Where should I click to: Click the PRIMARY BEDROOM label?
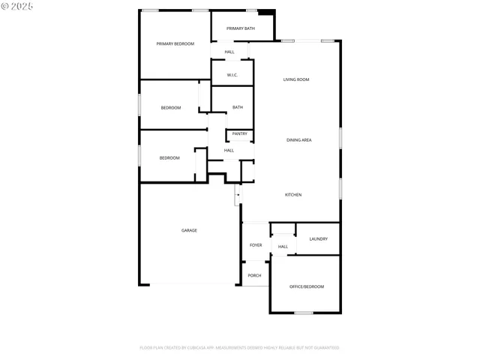pyautogui.click(x=175, y=44)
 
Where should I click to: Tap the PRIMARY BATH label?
pyautogui.click(x=241, y=28)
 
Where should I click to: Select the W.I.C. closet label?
pyautogui.click(x=232, y=75)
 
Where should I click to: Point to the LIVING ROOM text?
pyautogui.click(x=296, y=79)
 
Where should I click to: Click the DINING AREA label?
pyautogui.click(x=299, y=140)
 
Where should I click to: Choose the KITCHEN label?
pyautogui.click(x=293, y=195)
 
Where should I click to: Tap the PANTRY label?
pyautogui.click(x=239, y=134)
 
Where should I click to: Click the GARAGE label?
pyautogui.click(x=189, y=230)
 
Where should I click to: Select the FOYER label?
pyautogui.click(x=256, y=245)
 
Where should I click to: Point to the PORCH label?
pyautogui.click(x=255, y=275)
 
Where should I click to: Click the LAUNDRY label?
pyautogui.click(x=318, y=239)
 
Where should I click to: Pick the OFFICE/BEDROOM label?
pyautogui.click(x=307, y=287)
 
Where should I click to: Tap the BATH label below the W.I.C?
pyautogui.click(x=237, y=107)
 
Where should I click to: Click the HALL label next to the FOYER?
pyautogui.click(x=283, y=247)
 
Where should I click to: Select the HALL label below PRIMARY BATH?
pyautogui.click(x=229, y=52)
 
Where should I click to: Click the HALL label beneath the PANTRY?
pyautogui.click(x=229, y=150)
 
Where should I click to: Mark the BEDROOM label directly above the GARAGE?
pyautogui.click(x=169, y=158)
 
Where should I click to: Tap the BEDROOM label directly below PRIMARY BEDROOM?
pyautogui.click(x=171, y=108)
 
